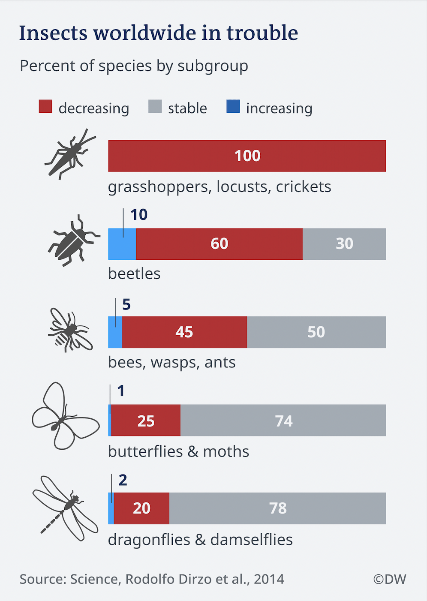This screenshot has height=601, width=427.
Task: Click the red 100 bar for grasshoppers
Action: pos(247,156)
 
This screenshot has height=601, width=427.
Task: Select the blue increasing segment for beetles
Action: pos(122,244)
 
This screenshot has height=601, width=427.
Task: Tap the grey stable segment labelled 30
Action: pos(344,244)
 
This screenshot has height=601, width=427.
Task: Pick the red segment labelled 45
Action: pos(184,332)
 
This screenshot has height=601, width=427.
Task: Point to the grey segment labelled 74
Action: pos(283,421)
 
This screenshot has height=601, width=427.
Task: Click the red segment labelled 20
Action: pos(141,508)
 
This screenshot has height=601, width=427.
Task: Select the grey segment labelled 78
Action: pos(277,508)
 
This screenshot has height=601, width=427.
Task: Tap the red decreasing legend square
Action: pos(45,107)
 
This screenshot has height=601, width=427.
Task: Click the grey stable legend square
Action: pos(155,107)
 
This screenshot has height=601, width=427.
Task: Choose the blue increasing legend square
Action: pos(233,107)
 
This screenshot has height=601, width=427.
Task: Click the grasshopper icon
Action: pos(69,154)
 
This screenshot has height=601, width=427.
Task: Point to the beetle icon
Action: pos(73,241)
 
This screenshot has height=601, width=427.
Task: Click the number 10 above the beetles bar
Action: pos(139,215)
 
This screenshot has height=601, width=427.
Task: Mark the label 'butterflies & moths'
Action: pos(178,451)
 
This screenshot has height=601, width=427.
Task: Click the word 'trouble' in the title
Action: pos(262,33)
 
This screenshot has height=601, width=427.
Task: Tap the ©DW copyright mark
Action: pos(389,579)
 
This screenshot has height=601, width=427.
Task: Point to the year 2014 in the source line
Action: pos(269,579)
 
